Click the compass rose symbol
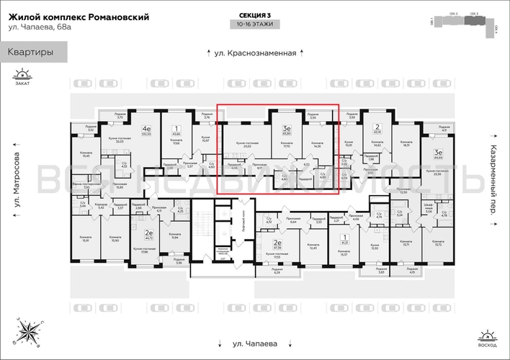pyautogui.click(x=30, y=330)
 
